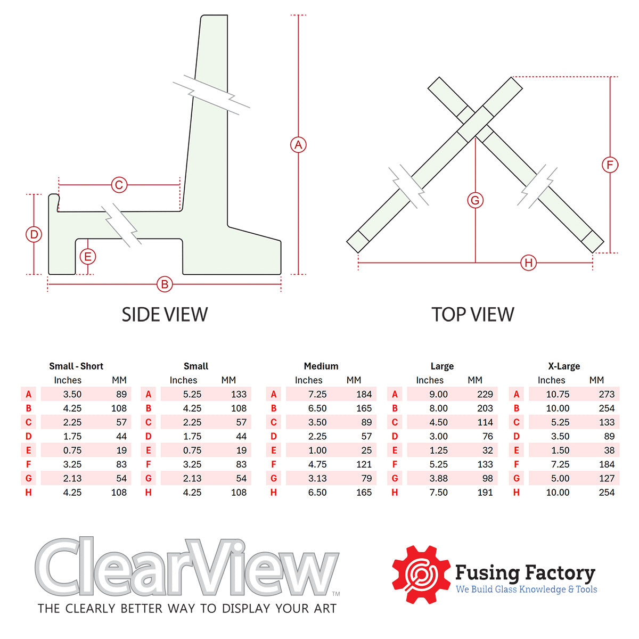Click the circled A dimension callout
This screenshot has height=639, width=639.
[x=298, y=144]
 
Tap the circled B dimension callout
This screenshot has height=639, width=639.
[x=165, y=284]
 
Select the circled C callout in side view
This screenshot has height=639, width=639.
[x=119, y=185]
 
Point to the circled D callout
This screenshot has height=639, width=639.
[x=34, y=234]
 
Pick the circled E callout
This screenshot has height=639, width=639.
[x=88, y=257]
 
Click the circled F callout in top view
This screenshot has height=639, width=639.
[x=610, y=165]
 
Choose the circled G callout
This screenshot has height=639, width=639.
[x=475, y=200]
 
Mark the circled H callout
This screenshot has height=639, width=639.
[x=528, y=263]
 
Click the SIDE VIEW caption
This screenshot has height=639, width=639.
[x=165, y=315]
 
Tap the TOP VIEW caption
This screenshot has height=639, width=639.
[x=473, y=315]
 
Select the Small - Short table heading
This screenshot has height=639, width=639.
[x=76, y=366]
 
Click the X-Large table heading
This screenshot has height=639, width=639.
[x=564, y=366]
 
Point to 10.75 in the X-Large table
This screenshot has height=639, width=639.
[x=558, y=395]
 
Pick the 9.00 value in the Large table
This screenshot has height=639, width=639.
[x=438, y=395]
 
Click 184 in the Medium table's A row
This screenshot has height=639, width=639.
[x=364, y=395]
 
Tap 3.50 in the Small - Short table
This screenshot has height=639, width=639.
[x=72, y=395]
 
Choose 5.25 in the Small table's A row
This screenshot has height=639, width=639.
[x=192, y=395]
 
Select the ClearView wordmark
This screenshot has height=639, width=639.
[x=186, y=568]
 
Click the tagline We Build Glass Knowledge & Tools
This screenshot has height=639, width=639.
[x=526, y=589]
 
